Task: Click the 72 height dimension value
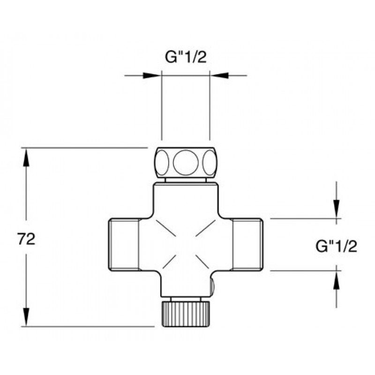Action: [26, 239]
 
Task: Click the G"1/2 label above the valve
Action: [186, 57]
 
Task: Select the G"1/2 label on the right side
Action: [336, 247]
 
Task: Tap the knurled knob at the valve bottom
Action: [186, 314]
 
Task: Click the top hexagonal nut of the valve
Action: [186, 163]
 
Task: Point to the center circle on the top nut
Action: [186, 163]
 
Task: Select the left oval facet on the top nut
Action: [162, 163]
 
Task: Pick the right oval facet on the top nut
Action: [210, 163]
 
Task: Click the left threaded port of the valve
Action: [124, 245]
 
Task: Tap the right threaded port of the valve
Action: [248, 245]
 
